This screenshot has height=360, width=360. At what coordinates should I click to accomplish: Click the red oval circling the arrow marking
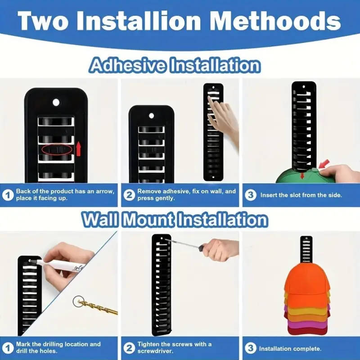click(57, 149)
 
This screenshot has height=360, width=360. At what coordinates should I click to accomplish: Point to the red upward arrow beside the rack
click(79, 147)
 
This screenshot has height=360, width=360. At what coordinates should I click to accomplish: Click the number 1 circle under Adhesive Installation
click(8, 195)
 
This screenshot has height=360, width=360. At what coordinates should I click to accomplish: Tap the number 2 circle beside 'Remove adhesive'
click(130, 195)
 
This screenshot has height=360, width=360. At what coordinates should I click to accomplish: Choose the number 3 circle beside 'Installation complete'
click(252, 348)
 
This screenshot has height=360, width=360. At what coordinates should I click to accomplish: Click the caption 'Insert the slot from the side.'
click(301, 195)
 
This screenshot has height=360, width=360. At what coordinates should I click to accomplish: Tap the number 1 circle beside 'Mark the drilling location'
click(8, 348)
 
